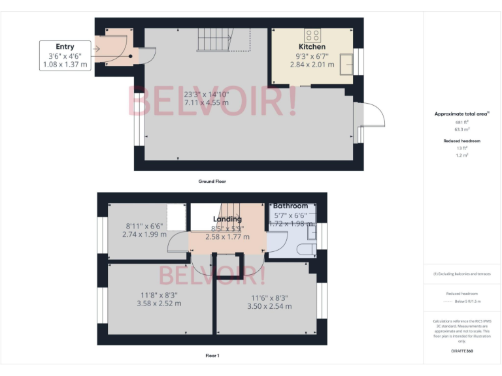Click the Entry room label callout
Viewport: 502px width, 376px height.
[65, 55]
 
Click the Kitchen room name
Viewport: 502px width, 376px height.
[312, 47]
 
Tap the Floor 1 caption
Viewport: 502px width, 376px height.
[212, 356]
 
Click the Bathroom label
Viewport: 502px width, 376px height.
[290, 206]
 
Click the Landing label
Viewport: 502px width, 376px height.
[227, 219]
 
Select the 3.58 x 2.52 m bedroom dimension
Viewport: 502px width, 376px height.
[159, 303]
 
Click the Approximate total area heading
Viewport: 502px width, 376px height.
[461, 114]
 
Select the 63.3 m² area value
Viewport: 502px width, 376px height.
[461, 129]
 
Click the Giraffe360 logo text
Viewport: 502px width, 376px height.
[461, 351]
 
